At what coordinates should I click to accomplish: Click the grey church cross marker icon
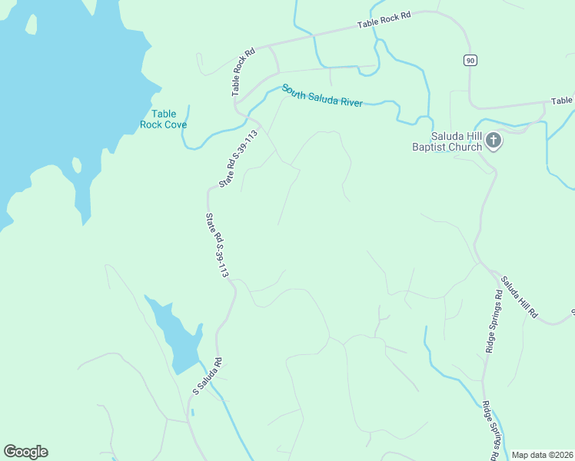[494, 141]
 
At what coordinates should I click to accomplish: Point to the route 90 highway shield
[469, 60]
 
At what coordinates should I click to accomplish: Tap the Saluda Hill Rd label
[520, 299]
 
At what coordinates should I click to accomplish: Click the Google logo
[25, 452]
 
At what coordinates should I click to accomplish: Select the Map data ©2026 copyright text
[542, 455]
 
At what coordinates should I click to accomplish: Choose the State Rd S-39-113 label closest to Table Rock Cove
[238, 158]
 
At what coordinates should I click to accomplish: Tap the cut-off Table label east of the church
[562, 101]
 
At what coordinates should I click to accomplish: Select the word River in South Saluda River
[347, 102]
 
